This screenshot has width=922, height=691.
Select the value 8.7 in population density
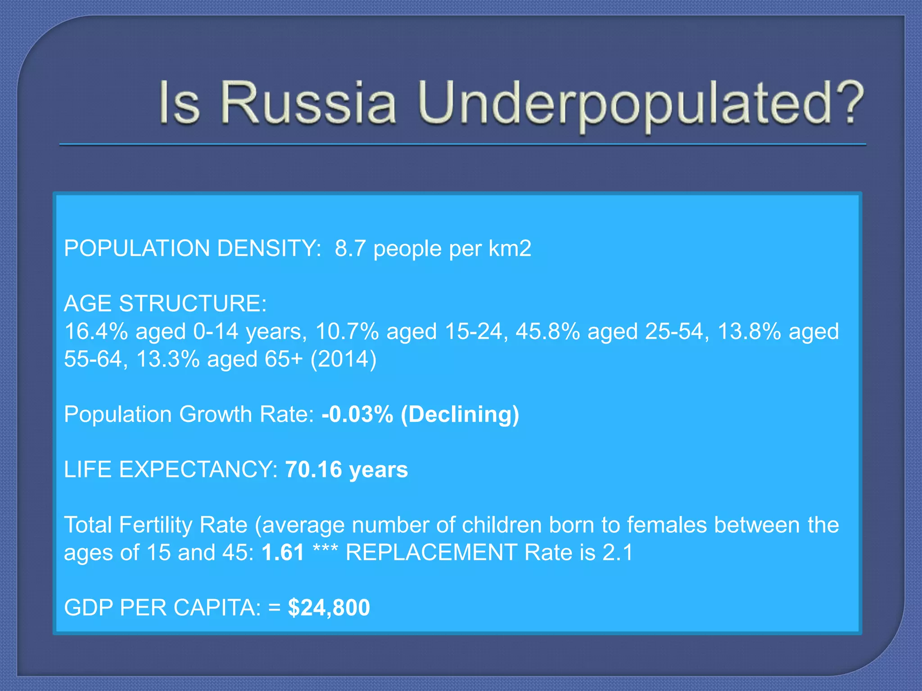[x=350, y=248]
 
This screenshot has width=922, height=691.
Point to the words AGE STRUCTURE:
[x=165, y=304]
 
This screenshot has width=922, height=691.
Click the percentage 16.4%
[x=96, y=332]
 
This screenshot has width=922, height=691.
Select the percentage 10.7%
[x=347, y=332]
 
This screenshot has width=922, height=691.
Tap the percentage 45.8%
[x=547, y=332]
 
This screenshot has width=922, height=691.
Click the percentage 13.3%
[x=167, y=359]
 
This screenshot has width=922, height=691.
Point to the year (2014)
[x=343, y=359]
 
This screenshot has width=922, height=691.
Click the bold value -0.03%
[x=357, y=414]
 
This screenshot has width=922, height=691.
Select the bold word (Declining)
[x=460, y=414]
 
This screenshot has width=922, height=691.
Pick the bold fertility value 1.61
[x=283, y=552]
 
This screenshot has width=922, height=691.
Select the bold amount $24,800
[x=329, y=608]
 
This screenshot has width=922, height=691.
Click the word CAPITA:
[x=217, y=608]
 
